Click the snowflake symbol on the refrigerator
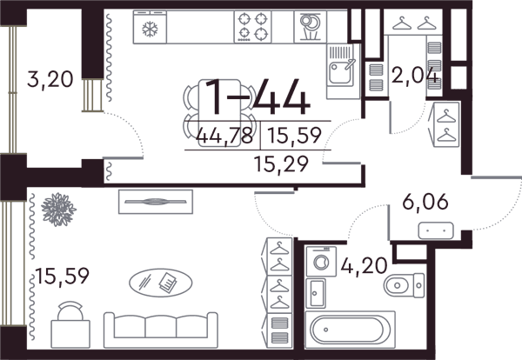tap(150, 29)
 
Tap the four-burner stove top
tap(252, 27)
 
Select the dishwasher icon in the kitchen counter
tap(311, 27)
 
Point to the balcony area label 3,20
tap(50, 80)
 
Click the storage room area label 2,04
tap(414, 75)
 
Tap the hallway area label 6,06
tap(425, 202)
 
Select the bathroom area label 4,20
tap(365, 265)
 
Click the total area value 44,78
tap(224, 136)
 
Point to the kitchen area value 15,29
tap(281, 163)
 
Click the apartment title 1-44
tap(257, 97)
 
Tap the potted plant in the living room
tap(58, 210)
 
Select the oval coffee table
tap(160, 283)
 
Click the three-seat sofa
tap(161, 330)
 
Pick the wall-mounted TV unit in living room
tap(156, 202)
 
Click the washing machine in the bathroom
tap(321, 261)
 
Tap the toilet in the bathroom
tap(404, 285)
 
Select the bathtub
tap(351, 330)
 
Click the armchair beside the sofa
tap(70, 324)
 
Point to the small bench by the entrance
tap(436, 230)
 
